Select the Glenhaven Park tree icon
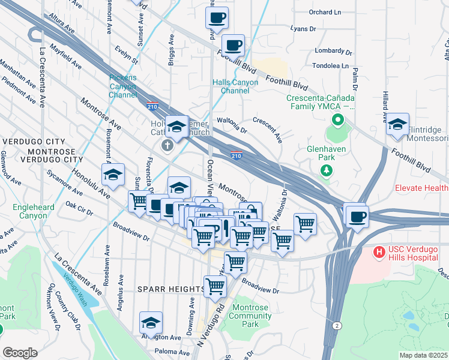(327, 170)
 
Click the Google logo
(20, 353)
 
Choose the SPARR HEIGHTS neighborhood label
(172, 289)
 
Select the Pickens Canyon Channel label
(123, 86)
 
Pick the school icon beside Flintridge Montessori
(397, 124)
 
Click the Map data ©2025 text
(423, 355)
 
